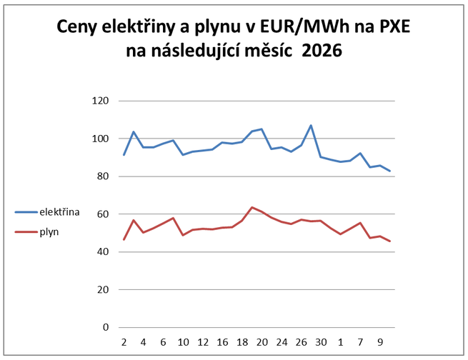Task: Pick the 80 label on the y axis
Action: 101,176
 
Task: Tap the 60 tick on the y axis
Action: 101,214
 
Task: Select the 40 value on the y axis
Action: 101,252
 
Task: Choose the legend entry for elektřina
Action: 49,212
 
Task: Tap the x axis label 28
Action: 302,341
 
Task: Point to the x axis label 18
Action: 242,341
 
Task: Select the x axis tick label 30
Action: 321,341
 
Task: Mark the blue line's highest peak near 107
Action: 311,125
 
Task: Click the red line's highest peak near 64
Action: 252,207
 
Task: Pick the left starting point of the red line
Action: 124,239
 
